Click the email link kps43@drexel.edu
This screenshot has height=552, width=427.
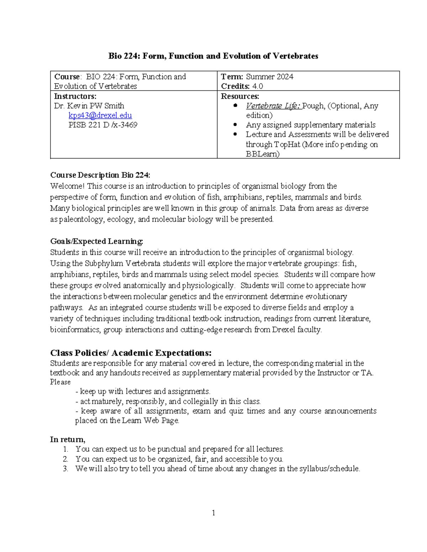pyautogui.click(x=100, y=116)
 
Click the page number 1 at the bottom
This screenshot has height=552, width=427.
pyautogui.click(x=213, y=513)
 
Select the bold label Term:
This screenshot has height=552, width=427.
pyautogui.click(x=232, y=77)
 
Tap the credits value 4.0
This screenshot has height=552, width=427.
pyautogui.click(x=257, y=86)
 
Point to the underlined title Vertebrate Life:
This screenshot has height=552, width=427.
pyautogui.click(x=273, y=106)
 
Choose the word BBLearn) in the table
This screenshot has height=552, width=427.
pyautogui.click(x=263, y=154)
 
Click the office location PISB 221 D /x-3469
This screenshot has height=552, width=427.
pyautogui.click(x=103, y=125)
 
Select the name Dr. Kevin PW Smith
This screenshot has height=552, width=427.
pyautogui.click(x=89, y=106)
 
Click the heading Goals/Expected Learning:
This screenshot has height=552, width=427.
pyautogui.click(x=97, y=241)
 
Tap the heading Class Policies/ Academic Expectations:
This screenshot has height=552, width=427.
pyautogui.click(x=131, y=353)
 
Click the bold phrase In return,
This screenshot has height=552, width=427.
pyautogui.click(x=68, y=439)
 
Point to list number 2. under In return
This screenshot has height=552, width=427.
pyautogui.click(x=65, y=459)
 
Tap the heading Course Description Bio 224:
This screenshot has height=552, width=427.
pyautogui.click(x=100, y=175)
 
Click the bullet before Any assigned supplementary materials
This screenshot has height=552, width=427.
pyautogui.click(x=235, y=125)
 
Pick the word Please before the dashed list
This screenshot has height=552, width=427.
pyautogui.click(x=60, y=382)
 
